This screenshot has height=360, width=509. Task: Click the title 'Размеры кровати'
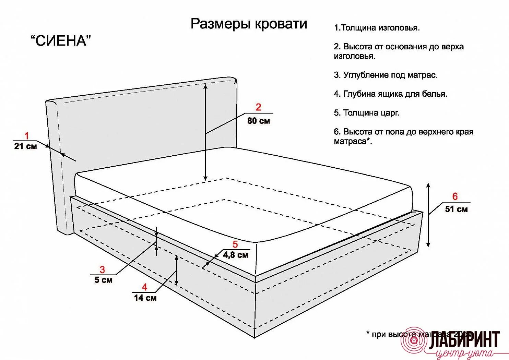pyautogui.click(x=249, y=24)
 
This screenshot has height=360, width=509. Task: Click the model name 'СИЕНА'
pyautogui.click(x=61, y=41)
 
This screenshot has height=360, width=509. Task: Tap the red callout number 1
pyautogui.click(x=26, y=136)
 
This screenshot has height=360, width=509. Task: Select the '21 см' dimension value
pyautogui.click(x=25, y=146)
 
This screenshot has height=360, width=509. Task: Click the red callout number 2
pyautogui.click(x=258, y=107)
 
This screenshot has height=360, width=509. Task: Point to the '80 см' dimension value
pyautogui.click(x=259, y=121)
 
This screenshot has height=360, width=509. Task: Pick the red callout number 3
pyautogui.click(x=102, y=269)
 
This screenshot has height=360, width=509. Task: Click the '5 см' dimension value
pyautogui.click(x=103, y=280)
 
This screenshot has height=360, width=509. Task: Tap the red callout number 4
pyautogui.click(x=144, y=287)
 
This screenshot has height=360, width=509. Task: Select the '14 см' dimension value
pyautogui.click(x=145, y=298)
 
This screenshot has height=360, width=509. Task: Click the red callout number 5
pyautogui.click(x=235, y=244)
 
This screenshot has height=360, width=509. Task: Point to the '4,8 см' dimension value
pyautogui.click(x=236, y=255)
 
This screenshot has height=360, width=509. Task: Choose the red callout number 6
pyautogui.click(x=455, y=196)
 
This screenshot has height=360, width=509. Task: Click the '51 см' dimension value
pyautogui.click(x=456, y=209)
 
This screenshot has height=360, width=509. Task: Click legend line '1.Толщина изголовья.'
pyautogui.click(x=377, y=28)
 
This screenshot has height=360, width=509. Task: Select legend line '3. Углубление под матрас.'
pyautogui.click(x=386, y=75)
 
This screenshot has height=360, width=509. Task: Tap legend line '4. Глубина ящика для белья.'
pyautogui.click(x=390, y=94)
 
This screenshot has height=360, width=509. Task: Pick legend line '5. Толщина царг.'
pyautogui.click(x=366, y=113)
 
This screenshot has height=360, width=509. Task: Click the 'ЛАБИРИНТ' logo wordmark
pyautogui.click(x=465, y=339)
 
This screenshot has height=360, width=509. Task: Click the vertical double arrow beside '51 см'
pyautogui.click(x=428, y=215)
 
